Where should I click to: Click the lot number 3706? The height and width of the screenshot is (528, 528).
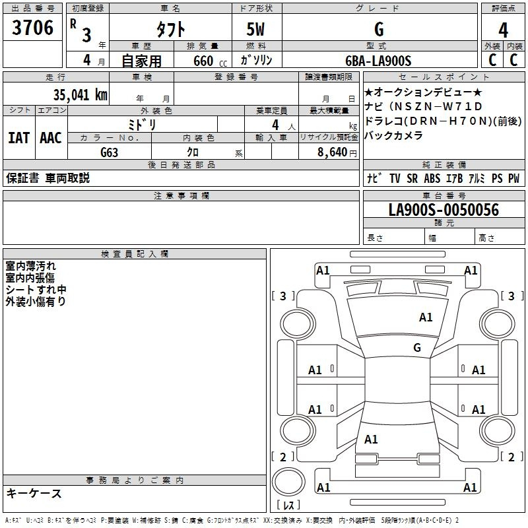click(x=32, y=28)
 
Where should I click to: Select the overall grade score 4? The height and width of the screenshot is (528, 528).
click(x=503, y=30)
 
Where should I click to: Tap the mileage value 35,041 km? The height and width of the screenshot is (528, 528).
click(x=80, y=95)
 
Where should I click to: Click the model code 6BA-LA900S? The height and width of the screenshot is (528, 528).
click(x=378, y=61)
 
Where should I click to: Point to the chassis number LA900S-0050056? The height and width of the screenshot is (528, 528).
click(x=444, y=210)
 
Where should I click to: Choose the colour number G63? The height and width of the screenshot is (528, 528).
click(x=109, y=152)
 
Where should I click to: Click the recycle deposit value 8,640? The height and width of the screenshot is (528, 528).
click(x=332, y=152)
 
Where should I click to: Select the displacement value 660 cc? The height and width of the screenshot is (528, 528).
click(x=210, y=61)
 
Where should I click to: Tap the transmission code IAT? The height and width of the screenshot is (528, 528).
click(x=18, y=138)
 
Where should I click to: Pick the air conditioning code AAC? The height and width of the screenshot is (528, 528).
click(x=51, y=138)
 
